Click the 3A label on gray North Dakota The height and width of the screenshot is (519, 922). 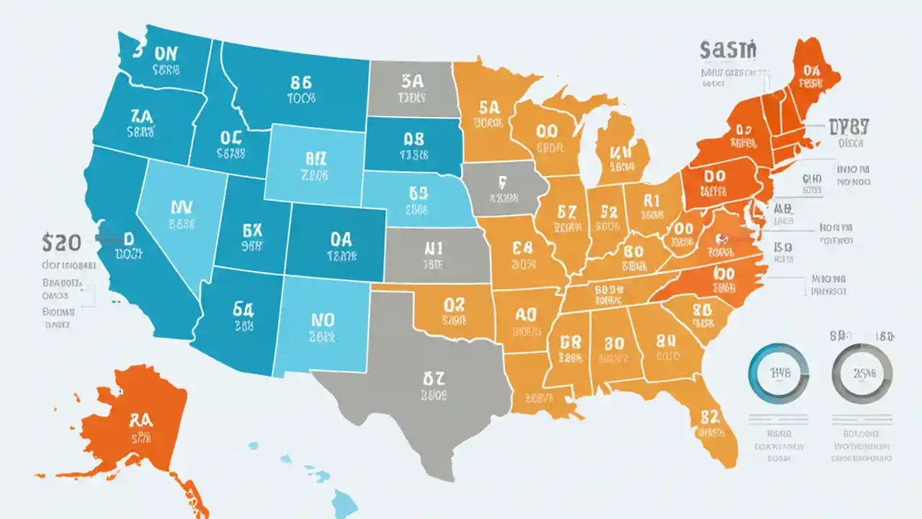coord(413,79)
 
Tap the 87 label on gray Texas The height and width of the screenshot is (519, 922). coord(434,377)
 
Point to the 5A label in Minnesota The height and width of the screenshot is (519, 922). coord(488,107)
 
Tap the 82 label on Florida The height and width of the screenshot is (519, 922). coord(710,416)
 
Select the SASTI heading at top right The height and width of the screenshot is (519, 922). coord(728,50)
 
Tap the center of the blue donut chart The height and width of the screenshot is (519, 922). coord(777,373)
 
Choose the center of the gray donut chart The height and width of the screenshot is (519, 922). coord(861,373)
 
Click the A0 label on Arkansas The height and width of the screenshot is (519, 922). coord(527,314)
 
